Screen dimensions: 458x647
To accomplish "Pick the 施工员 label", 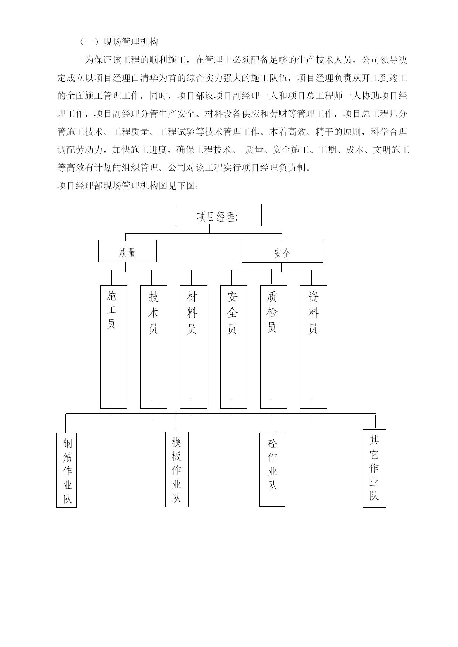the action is coord(111,309).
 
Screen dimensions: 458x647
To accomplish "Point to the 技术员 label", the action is coord(154,312).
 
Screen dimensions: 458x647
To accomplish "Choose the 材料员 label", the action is coord(192,312).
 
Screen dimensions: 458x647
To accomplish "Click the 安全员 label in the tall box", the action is coord(232,312).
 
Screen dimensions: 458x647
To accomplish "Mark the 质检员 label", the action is coord(272,312).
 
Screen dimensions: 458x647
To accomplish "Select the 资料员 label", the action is coord(313,312).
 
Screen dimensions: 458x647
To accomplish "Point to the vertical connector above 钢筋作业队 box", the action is coord(66,423).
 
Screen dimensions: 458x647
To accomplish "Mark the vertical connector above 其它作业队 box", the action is coord(375,422).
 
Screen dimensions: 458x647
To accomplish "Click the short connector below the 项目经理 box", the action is coord(209,229).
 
